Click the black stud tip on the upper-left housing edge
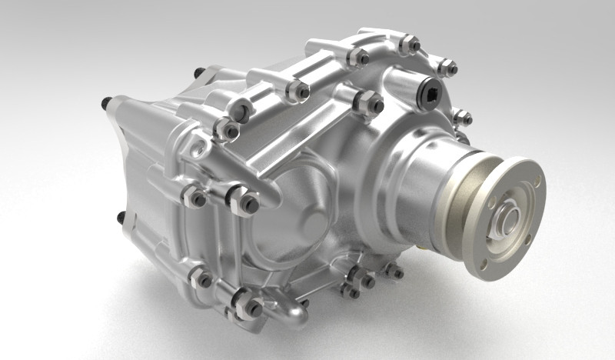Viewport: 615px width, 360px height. (198, 72)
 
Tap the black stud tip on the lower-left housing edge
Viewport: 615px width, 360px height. (121, 218)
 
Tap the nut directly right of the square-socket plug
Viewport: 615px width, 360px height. (462, 118)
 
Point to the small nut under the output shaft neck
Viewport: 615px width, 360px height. (394, 272)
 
